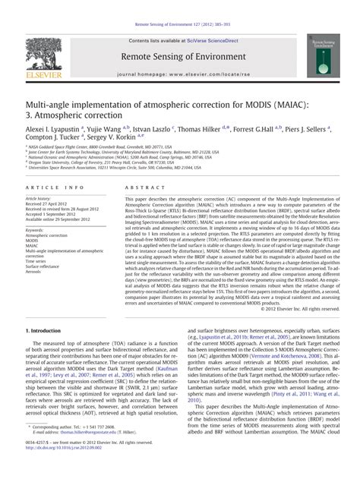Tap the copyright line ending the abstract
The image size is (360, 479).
[295, 309]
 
